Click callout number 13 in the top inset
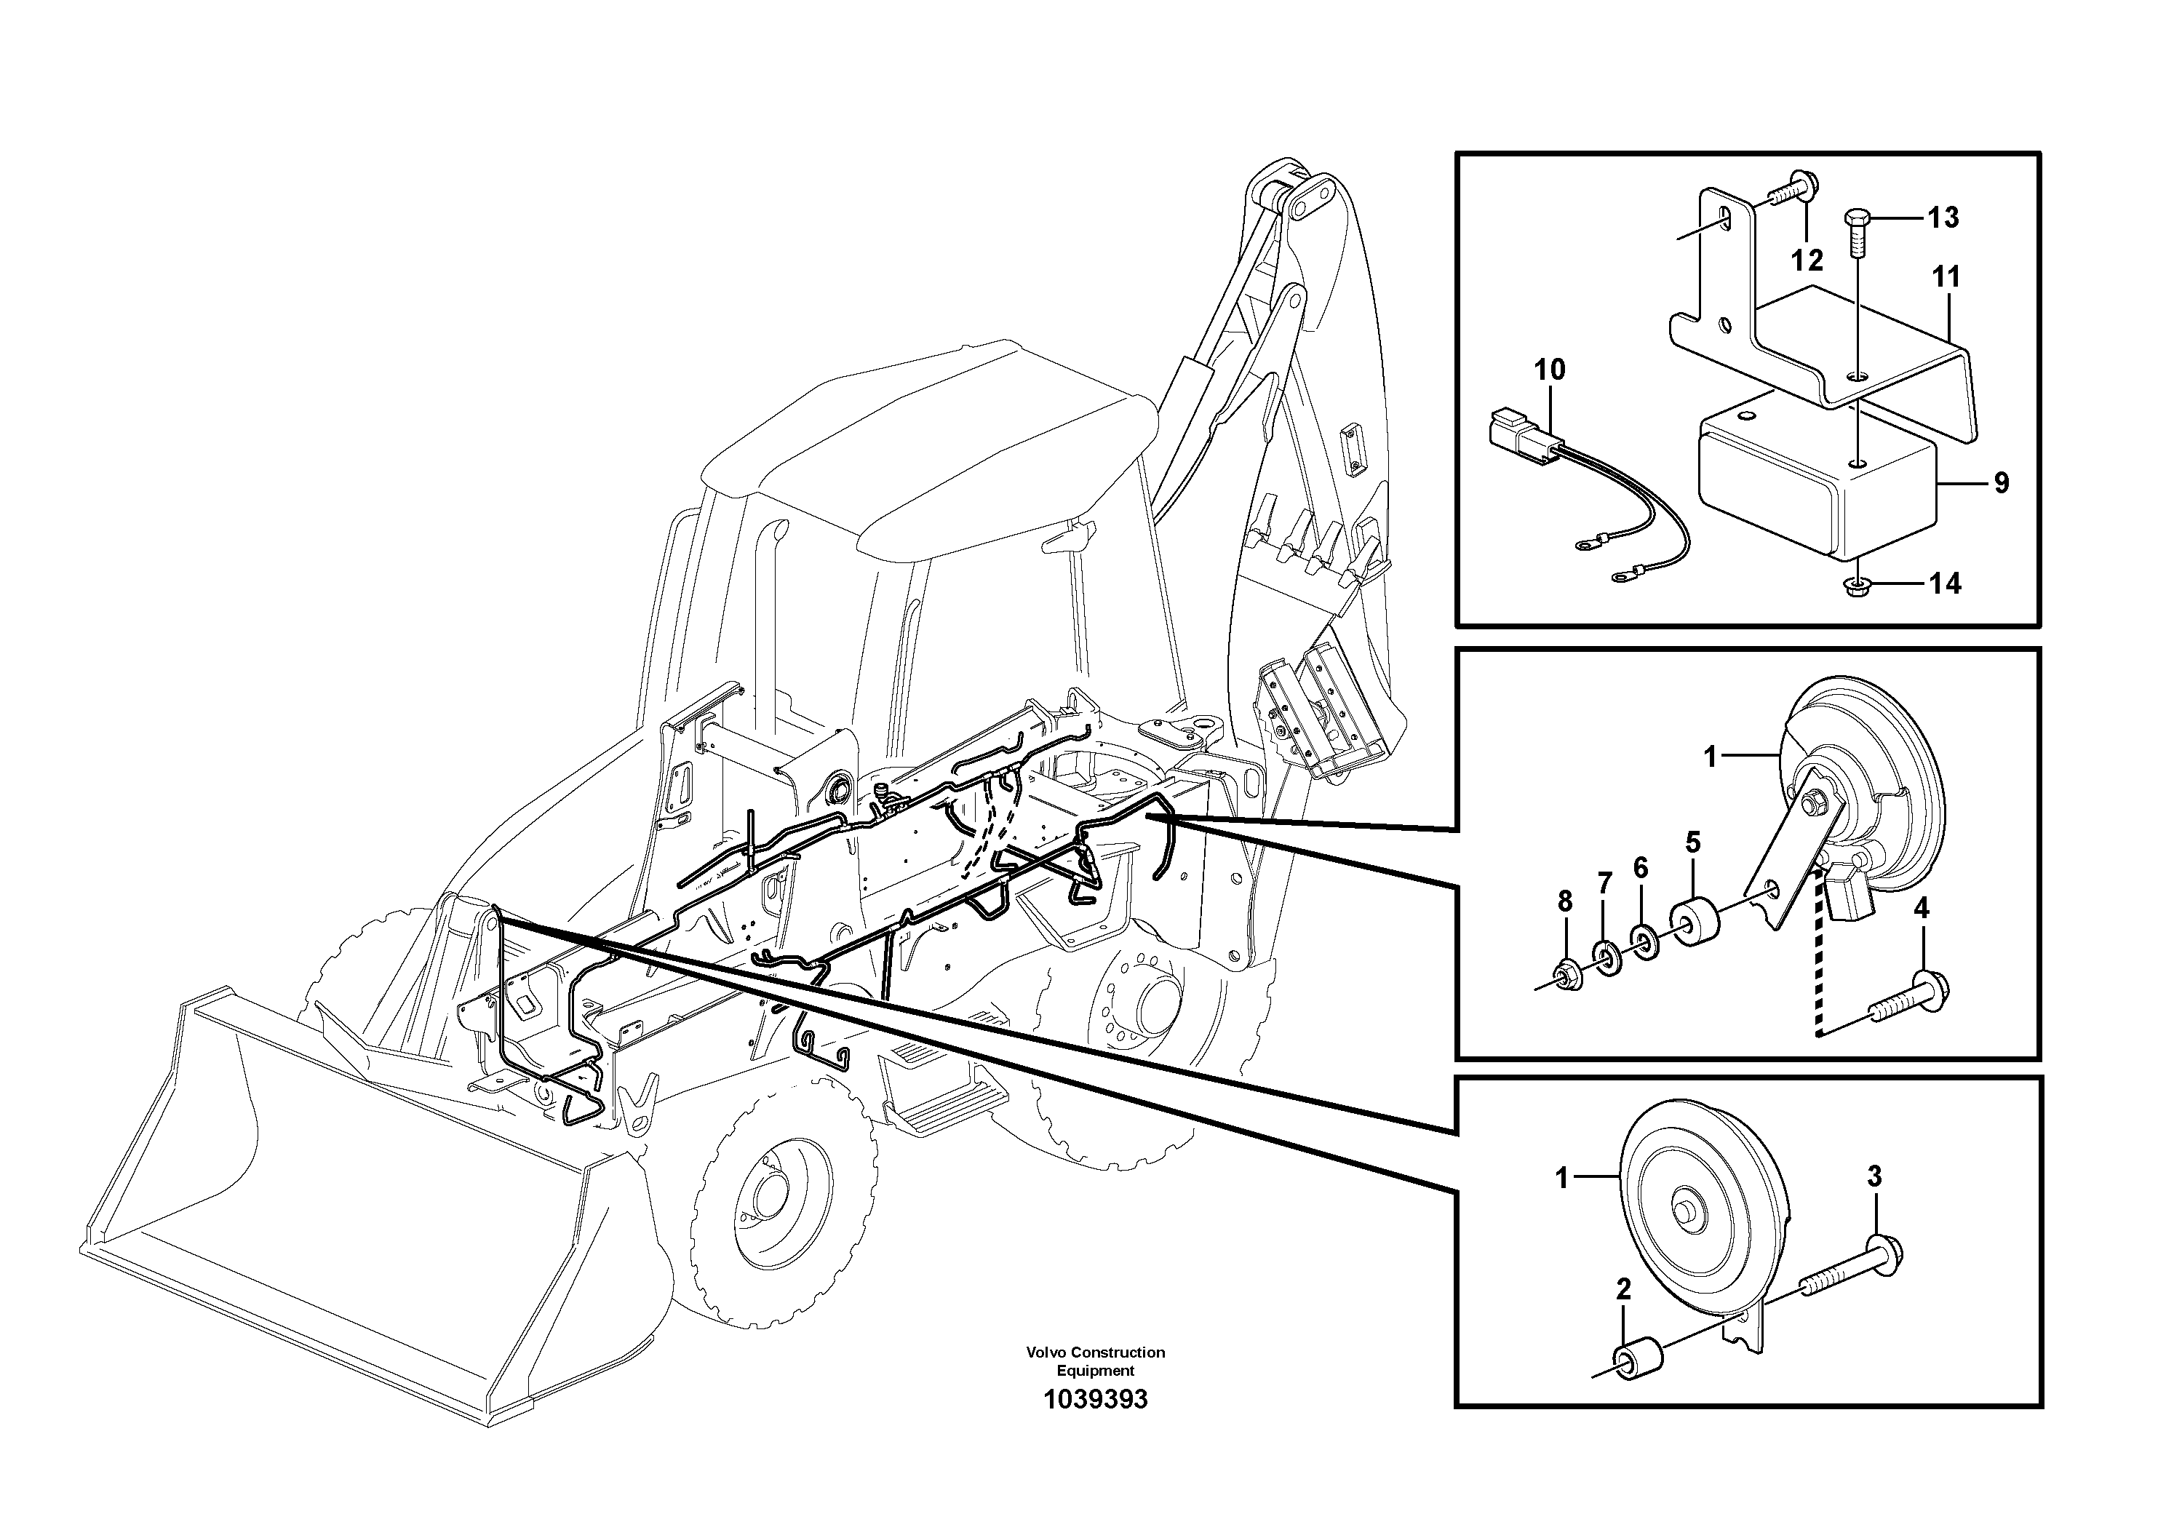pyautogui.click(x=1943, y=218)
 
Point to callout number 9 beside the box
pyautogui.click(x=2002, y=483)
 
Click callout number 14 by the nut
pyautogui.click(x=1944, y=584)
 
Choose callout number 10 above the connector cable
pyautogui.click(x=1550, y=370)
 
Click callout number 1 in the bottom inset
pyautogui.click(x=1562, y=1177)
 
